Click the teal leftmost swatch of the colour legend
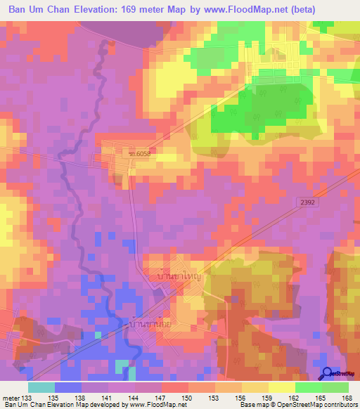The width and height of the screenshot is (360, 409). pyautogui.click(x=41, y=387)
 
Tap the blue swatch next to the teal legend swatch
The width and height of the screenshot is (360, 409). pyautogui.click(x=67, y=387)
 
